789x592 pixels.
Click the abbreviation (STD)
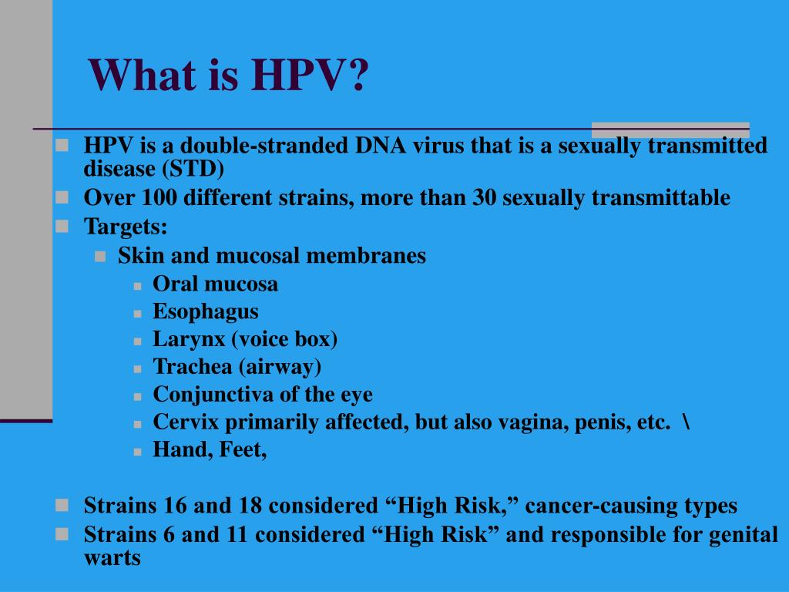click(x=193, y=169)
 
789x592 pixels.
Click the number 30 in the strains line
click(x=484, y=197)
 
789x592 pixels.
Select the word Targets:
click(x=126, y=227)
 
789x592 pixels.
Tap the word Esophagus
click(x=205, y=311)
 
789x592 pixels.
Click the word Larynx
click(x=189, y=339)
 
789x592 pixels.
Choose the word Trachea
click(x=192, y=366)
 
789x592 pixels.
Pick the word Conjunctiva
click(x=213, y=394)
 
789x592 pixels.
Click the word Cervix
click(x=186, y=422)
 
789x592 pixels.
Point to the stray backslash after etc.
click(x=687, y=422)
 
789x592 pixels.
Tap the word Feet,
click(x=243, y=450)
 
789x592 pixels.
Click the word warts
click(x=112, y=558)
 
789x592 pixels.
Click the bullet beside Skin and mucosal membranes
click(x=100, y=257)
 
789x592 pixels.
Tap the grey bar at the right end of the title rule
click(x=670, y=129)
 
